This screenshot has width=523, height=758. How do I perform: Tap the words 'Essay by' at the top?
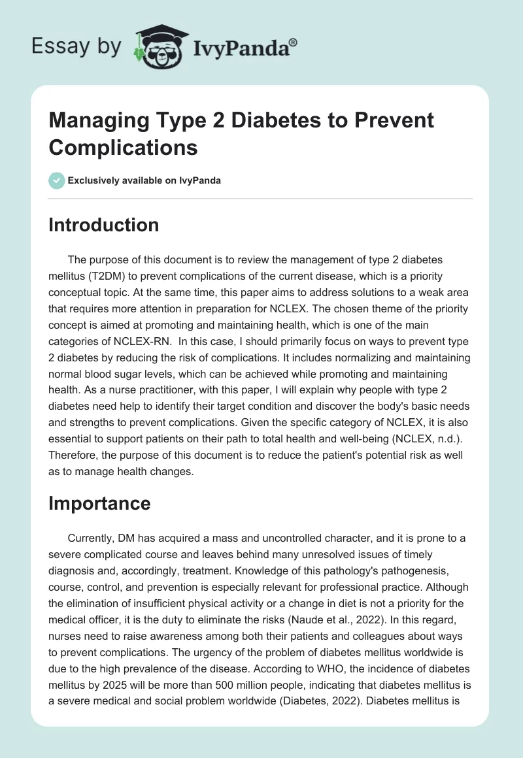point(76,46)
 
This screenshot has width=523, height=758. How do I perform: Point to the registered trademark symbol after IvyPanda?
point(294,42)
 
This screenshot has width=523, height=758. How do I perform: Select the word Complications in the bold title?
point(123,147)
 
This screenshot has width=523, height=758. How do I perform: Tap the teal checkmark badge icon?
point(57,180)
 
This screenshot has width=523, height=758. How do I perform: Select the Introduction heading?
point(104,225)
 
